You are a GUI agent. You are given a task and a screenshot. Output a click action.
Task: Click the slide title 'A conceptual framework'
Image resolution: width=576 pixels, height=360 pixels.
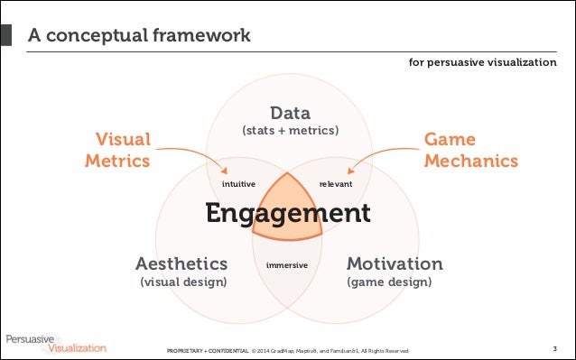coord(138,36)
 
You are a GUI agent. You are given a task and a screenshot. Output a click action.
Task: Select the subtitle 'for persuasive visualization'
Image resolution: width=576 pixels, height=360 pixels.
coord(483,63)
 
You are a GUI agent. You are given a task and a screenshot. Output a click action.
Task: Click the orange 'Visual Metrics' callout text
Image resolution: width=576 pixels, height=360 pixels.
coord(117,150)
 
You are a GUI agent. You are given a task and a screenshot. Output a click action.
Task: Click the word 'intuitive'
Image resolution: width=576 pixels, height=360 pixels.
coord(238,184)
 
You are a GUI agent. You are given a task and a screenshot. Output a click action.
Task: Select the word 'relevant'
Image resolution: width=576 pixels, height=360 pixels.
coord(335,184)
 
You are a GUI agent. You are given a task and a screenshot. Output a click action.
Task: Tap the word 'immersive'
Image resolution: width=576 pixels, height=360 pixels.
coord(288,266)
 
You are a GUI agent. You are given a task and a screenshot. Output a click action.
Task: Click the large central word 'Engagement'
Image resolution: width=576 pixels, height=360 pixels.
coord(287,214)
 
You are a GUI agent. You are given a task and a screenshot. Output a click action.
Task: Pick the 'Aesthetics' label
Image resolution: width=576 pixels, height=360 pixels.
coord(181,263)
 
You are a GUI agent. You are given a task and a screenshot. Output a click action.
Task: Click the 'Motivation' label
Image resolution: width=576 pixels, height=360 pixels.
coord(395,263)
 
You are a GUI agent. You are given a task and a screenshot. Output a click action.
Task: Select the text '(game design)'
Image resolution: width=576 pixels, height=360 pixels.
coord(389,282)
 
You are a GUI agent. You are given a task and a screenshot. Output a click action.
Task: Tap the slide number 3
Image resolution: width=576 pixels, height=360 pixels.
coord(554,348)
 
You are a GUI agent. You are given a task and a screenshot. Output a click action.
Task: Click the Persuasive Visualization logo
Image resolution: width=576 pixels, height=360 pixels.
coord(54,342)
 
